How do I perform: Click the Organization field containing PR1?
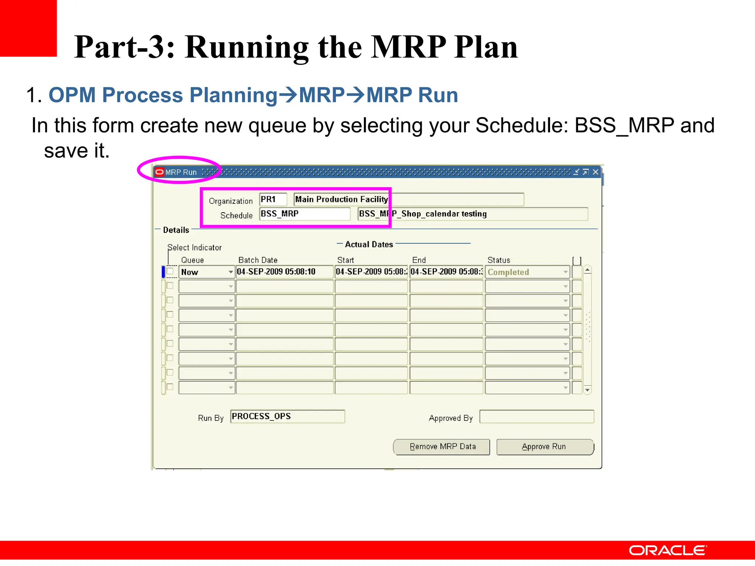coord(273,199)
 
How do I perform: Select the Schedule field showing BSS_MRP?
coord(305,214)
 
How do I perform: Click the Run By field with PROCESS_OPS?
coord(287,416)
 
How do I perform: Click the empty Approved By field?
coord(536,417)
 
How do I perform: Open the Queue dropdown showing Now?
coord(230,272)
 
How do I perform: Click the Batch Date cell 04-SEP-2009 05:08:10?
coord(284,272)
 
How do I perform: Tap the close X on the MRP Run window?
coord(595,172)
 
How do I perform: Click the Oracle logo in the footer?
coord(668,551)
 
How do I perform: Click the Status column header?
coord(499,260)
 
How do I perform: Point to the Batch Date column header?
coord(258,260)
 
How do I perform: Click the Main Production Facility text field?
coord(408,199)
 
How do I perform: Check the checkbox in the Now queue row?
coord(170,272)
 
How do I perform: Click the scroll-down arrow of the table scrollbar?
coord(588,390)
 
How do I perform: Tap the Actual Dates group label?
coord(369,244)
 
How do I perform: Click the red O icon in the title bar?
coord(159,172)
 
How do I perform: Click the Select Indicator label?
coord(195,248)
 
